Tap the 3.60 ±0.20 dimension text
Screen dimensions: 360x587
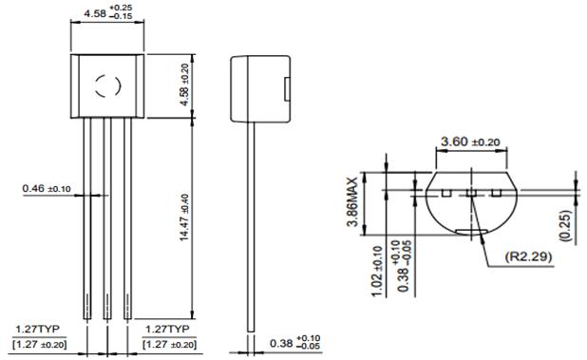468,142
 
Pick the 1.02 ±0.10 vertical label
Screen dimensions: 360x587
377,278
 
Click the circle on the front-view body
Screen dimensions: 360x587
107,87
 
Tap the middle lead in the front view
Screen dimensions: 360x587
107,218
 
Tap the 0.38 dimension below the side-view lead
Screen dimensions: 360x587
293,341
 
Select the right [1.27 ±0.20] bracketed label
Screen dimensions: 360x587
171,343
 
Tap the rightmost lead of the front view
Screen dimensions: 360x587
127,218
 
